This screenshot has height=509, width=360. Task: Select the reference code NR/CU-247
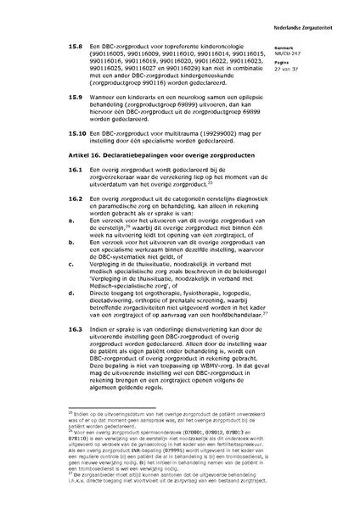pyautogui.click(x=300, y=54)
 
